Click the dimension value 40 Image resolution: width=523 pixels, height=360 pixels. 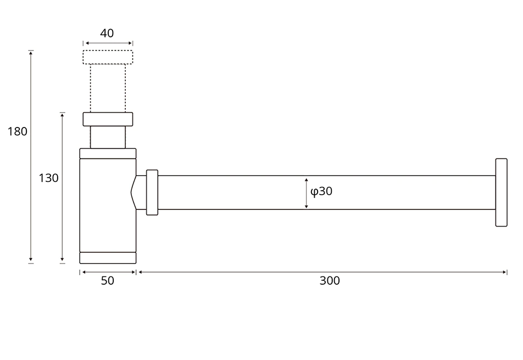click(107, 33)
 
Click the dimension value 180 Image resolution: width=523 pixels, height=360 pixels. click(17, 131)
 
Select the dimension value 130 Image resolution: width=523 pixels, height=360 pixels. click(48, 178)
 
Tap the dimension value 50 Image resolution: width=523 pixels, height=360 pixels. click(108, 280)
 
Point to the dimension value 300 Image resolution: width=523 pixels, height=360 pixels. click(330, 280)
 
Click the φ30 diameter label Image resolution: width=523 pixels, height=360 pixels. click(321, 191)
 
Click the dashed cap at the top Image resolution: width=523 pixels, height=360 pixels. click(108, 57)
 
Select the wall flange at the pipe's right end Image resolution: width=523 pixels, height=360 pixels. click(501, 192)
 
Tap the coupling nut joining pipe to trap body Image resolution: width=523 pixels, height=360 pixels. click(152, 192)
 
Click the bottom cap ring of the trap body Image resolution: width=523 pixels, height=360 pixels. click(108, 258)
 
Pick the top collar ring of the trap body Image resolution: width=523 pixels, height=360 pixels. click(108, 153)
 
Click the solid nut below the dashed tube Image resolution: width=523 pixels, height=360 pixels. click(108, 119)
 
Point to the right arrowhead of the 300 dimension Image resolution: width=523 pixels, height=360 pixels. click(504, 272)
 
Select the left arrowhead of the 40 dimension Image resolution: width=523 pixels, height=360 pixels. click(86, 43)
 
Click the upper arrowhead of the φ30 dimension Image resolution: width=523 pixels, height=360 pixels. click(306, 179)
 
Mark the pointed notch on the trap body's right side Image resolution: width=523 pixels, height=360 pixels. click(133, 192)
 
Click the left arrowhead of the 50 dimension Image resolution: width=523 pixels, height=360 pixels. click(82, 272)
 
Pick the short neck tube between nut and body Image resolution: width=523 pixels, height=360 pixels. click(108, 137)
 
